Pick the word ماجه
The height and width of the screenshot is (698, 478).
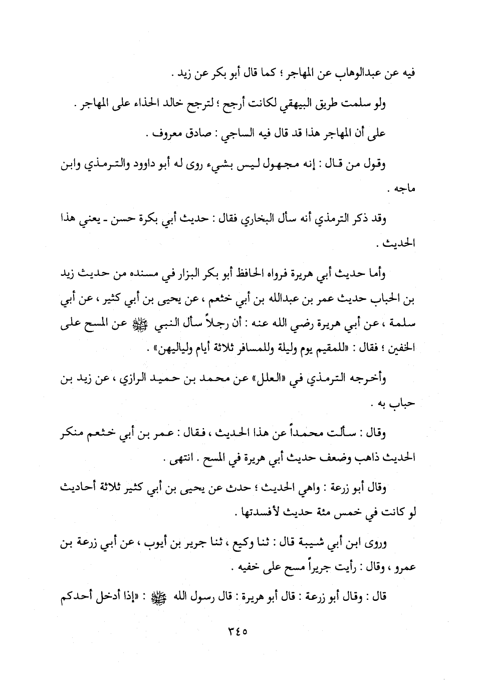tap(406, 190)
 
